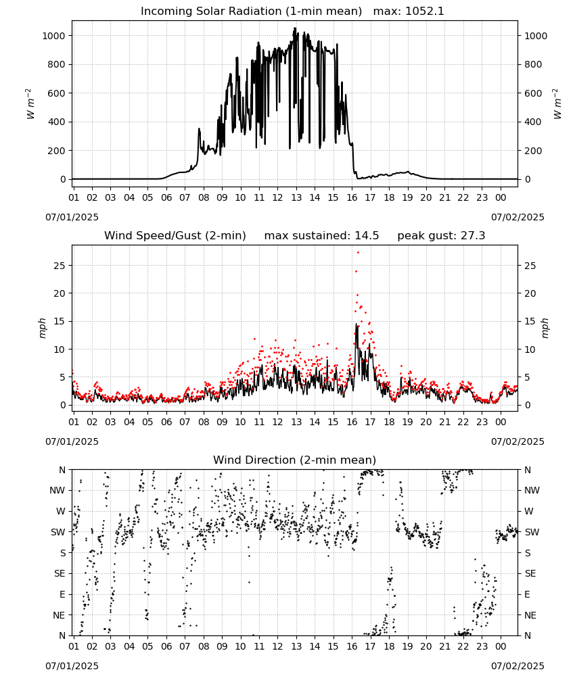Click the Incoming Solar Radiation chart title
tap(251, 11)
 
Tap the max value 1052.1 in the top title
tap(425, 11)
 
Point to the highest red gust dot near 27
tap(358, 253)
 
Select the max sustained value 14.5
tap(367, 236)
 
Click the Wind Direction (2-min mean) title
tap(295, 460)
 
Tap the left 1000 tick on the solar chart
tap(53, 36)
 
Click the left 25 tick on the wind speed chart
tap(60, 266)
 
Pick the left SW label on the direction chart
tap(58, 532)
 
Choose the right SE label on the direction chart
tap(530, 573)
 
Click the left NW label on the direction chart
tap(57, 490)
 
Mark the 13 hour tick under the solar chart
tap(296, 197)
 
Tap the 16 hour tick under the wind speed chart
tap(352, 422)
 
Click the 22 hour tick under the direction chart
tap(463, 646)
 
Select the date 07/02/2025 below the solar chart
tap(517, 217)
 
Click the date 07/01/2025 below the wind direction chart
tap(72, 666)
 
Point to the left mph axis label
tap(42, 328)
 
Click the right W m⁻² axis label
tap(557, 104)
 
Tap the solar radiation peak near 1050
tap(295, 28)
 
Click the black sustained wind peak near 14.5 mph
tap(356, 324)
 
